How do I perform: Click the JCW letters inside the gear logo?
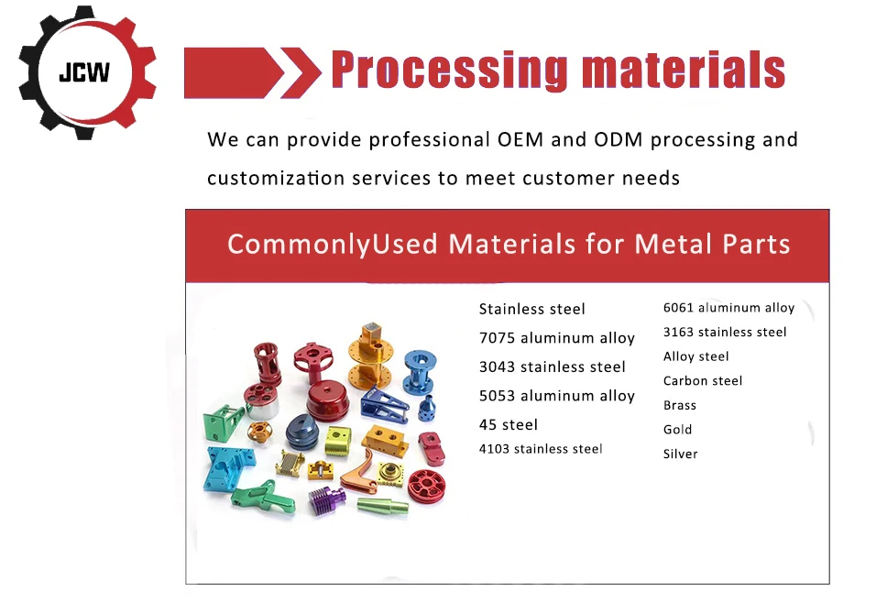click(x=83, y=72)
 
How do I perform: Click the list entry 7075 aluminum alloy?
click(x=556, y=338)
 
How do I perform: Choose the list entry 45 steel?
click(x=508, y=424)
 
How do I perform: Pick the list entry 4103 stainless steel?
click(x=541, y=449)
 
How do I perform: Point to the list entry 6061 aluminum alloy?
click(x=728, y=308)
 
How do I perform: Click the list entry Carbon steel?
click(x=703, y=380)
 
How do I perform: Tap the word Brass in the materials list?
click(x=680, y=405)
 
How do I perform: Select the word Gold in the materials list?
click(x=678, y=429)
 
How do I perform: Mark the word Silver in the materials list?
click(x=681, y=454)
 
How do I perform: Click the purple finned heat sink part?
click(x=323, y=500)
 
